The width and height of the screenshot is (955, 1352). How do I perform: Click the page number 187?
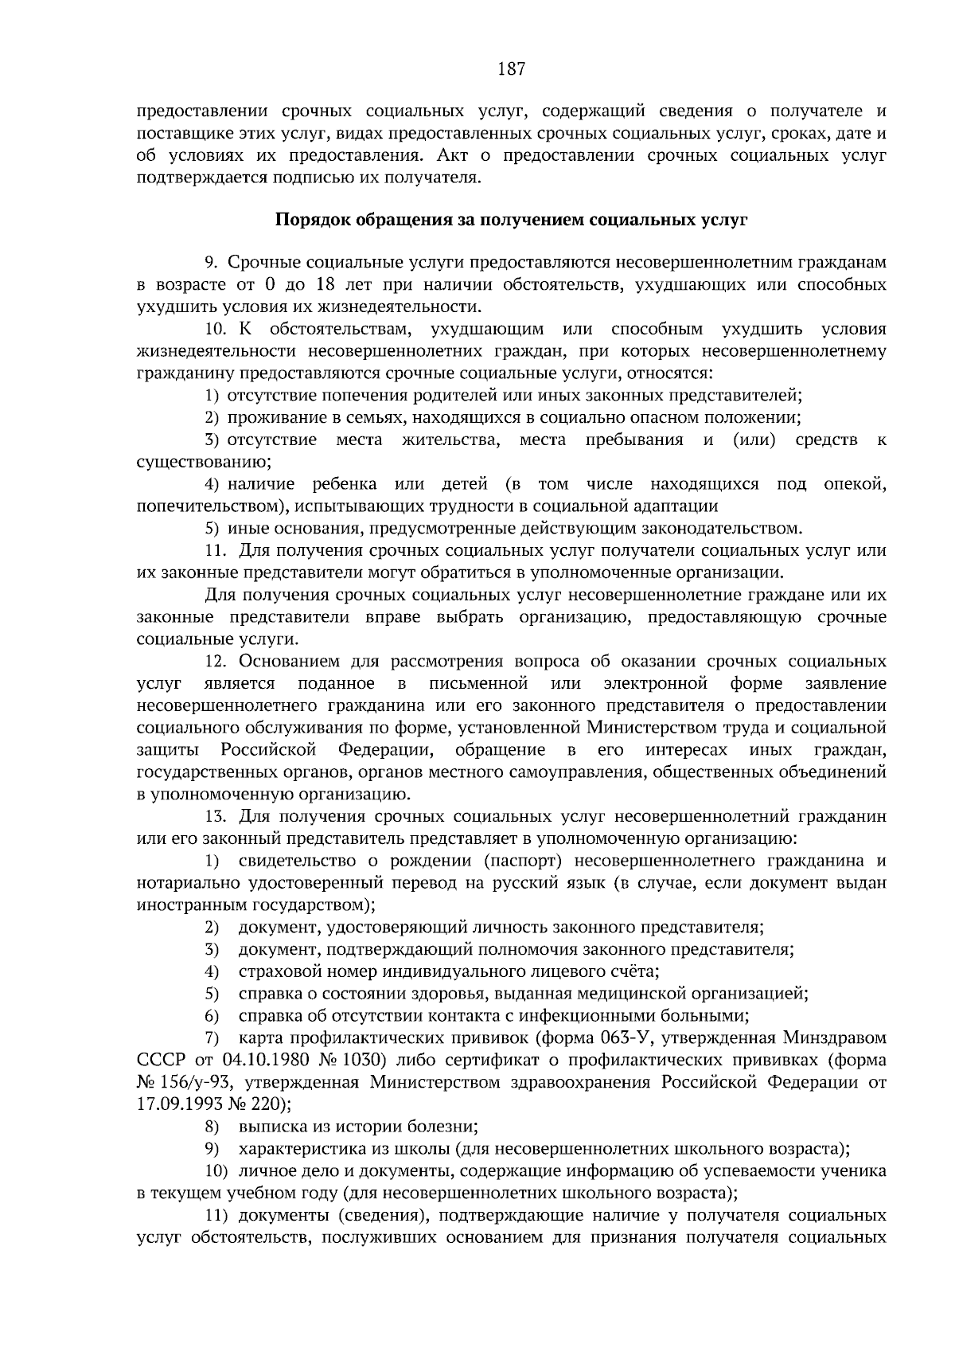tap(511, 69)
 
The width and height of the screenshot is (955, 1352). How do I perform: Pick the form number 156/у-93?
tap(198, 1082)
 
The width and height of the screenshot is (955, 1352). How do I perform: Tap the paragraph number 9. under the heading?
tap(212, 262)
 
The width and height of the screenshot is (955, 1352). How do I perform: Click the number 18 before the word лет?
tap(325, 284)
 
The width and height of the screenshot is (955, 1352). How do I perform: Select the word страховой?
tap(274, 971)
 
